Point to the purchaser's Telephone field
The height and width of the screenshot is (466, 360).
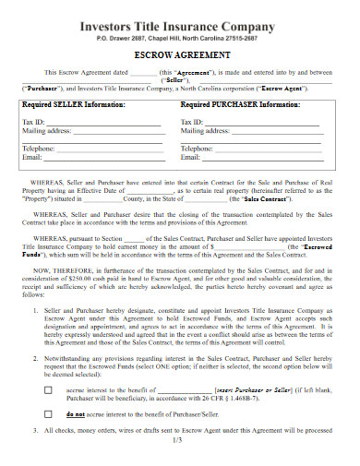coord(268,148)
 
